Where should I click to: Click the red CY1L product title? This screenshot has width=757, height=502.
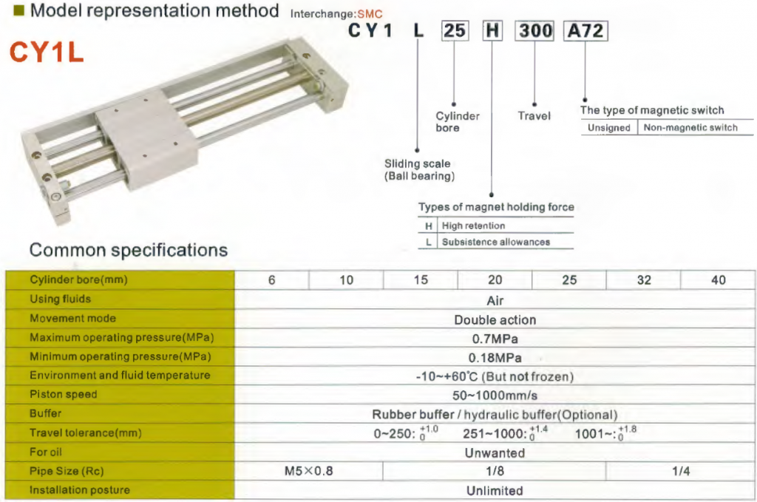tap(47, 52)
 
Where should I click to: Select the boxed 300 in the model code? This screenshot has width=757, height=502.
tap(534, 31)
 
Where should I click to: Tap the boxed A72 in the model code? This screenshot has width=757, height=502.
tap(585, 31)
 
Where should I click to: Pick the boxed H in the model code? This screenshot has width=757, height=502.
tap(492, 31)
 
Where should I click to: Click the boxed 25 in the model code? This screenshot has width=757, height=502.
tap(455, 31)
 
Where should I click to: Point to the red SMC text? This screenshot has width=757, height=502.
tap(370, 14)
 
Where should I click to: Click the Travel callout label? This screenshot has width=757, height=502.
tap(534, 116)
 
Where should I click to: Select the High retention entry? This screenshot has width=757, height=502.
tap(473, 226)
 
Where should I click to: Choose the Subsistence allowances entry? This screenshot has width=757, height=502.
tap(496, 242)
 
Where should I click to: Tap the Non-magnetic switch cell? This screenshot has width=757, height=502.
tap(690, 127)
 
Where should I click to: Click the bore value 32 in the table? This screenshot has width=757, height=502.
tap(644, 280)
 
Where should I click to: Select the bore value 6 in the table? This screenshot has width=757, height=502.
tap(272, 280)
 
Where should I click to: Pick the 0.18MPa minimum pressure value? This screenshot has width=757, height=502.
tap(495, 358)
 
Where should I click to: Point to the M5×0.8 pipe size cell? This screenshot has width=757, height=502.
tap(308, 471)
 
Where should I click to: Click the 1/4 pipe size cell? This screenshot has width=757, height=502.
tap(681, 471)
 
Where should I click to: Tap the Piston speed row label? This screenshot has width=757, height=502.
tap(64, 394)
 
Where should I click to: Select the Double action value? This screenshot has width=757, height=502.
tap(495, 320)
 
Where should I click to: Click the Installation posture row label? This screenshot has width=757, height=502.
tap(80, 490)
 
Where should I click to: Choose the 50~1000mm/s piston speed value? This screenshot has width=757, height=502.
tap(495, 396)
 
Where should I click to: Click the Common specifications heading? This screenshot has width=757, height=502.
tap(129, 250)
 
